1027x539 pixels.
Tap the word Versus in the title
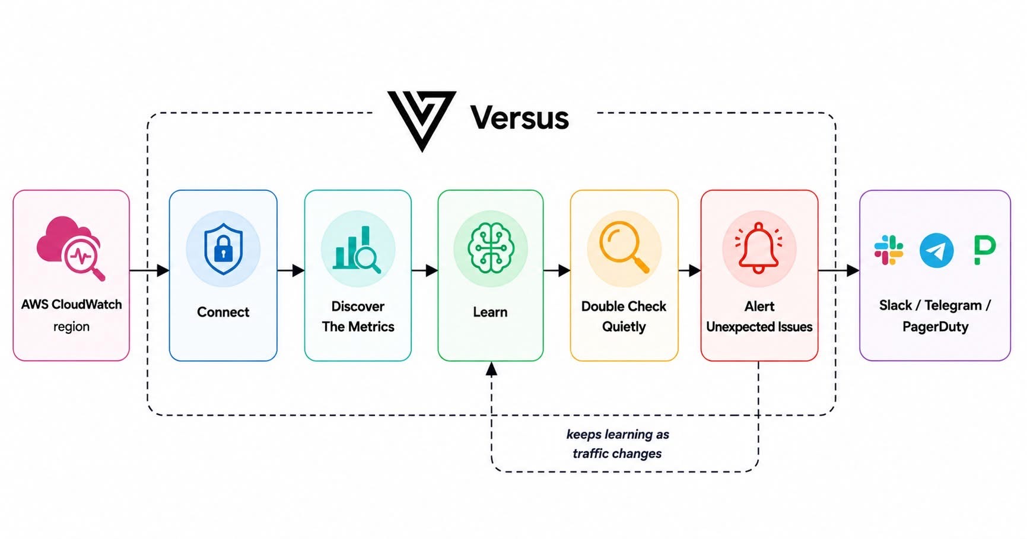coord(520,117)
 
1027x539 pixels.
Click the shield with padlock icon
coord(223,249)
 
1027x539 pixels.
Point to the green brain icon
coord(491,248)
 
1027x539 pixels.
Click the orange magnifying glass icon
coord(624,247)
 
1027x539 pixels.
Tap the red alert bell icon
coord(759,248)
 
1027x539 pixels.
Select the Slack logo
coord(889,250)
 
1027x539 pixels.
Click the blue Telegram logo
coord(936,250)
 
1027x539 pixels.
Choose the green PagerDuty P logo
coord(984,250)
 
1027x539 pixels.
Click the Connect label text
coord(223,312)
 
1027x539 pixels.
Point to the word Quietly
coord(624,327)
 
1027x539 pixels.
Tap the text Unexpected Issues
coord(759,327)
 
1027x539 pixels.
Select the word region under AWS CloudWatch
coord(71,327)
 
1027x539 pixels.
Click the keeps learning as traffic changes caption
coord(618,444)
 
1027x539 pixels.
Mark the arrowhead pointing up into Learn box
coord(491,369)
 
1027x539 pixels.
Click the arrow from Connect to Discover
coord(291,271)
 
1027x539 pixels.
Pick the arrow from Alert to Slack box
coord(839,271)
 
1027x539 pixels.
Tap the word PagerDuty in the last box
coord(936,327)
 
